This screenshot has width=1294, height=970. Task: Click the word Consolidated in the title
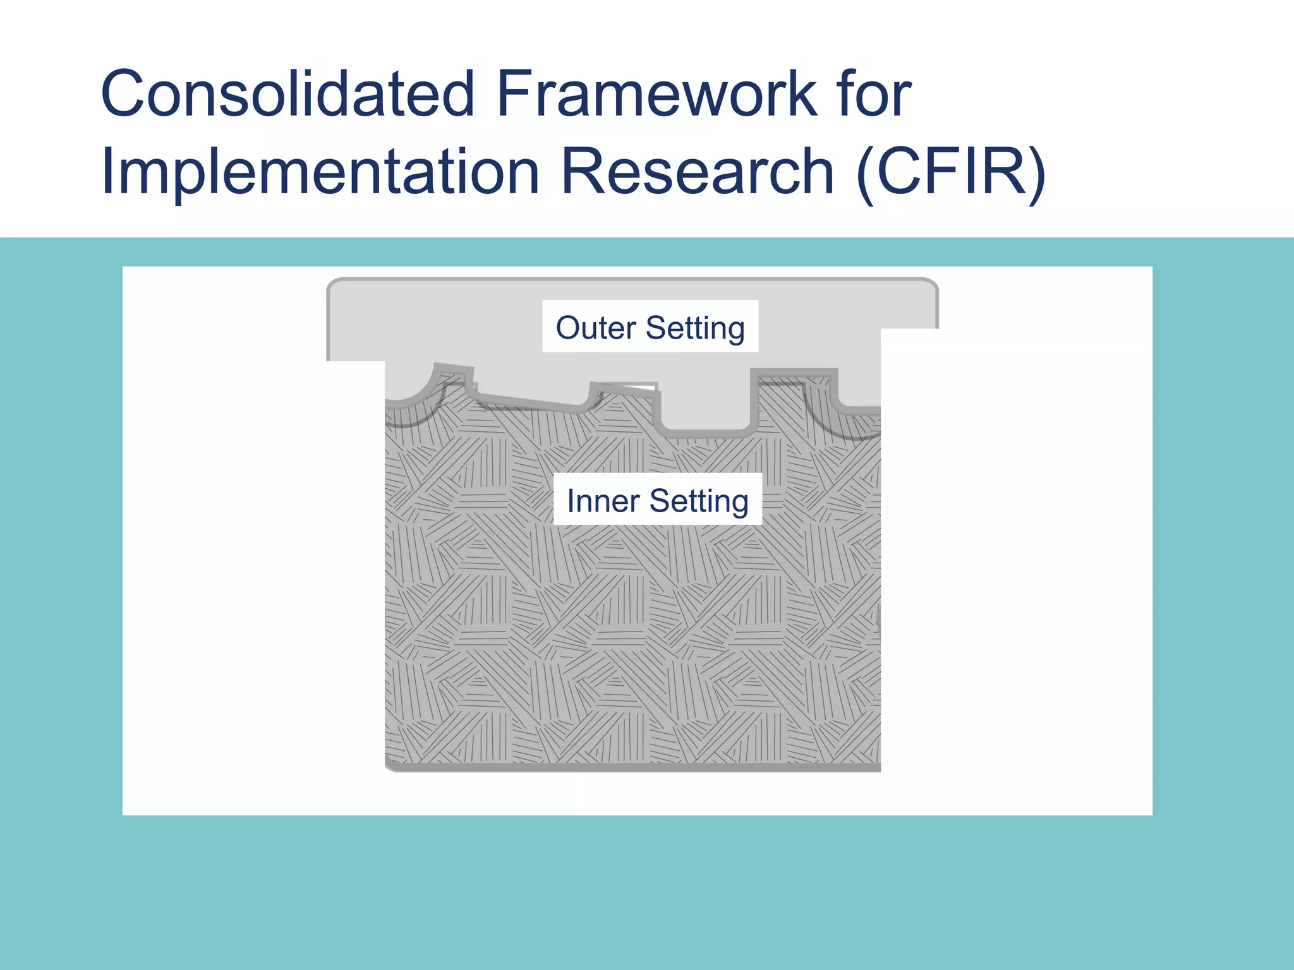(x=287, y=95)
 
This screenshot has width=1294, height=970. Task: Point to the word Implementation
(x=320, y=172)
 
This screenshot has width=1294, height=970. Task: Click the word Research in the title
(x=698, y=172)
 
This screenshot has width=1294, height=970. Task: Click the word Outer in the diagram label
(x=595, y=328)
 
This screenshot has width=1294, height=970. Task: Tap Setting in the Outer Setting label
(x=695, y=328)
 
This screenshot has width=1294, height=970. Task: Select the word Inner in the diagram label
(x=603, y=501)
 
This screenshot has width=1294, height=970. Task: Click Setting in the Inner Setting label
(x=699, y=501)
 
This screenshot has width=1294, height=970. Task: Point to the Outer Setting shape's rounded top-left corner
(x=334, y=285)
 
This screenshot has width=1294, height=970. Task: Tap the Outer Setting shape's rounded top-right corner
(x=931, y=285)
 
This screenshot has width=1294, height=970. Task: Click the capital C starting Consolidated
(x=124, y=95)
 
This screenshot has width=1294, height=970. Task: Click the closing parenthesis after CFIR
(x=1036, y=172)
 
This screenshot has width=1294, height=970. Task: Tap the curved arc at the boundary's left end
(x=414, y=395)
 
